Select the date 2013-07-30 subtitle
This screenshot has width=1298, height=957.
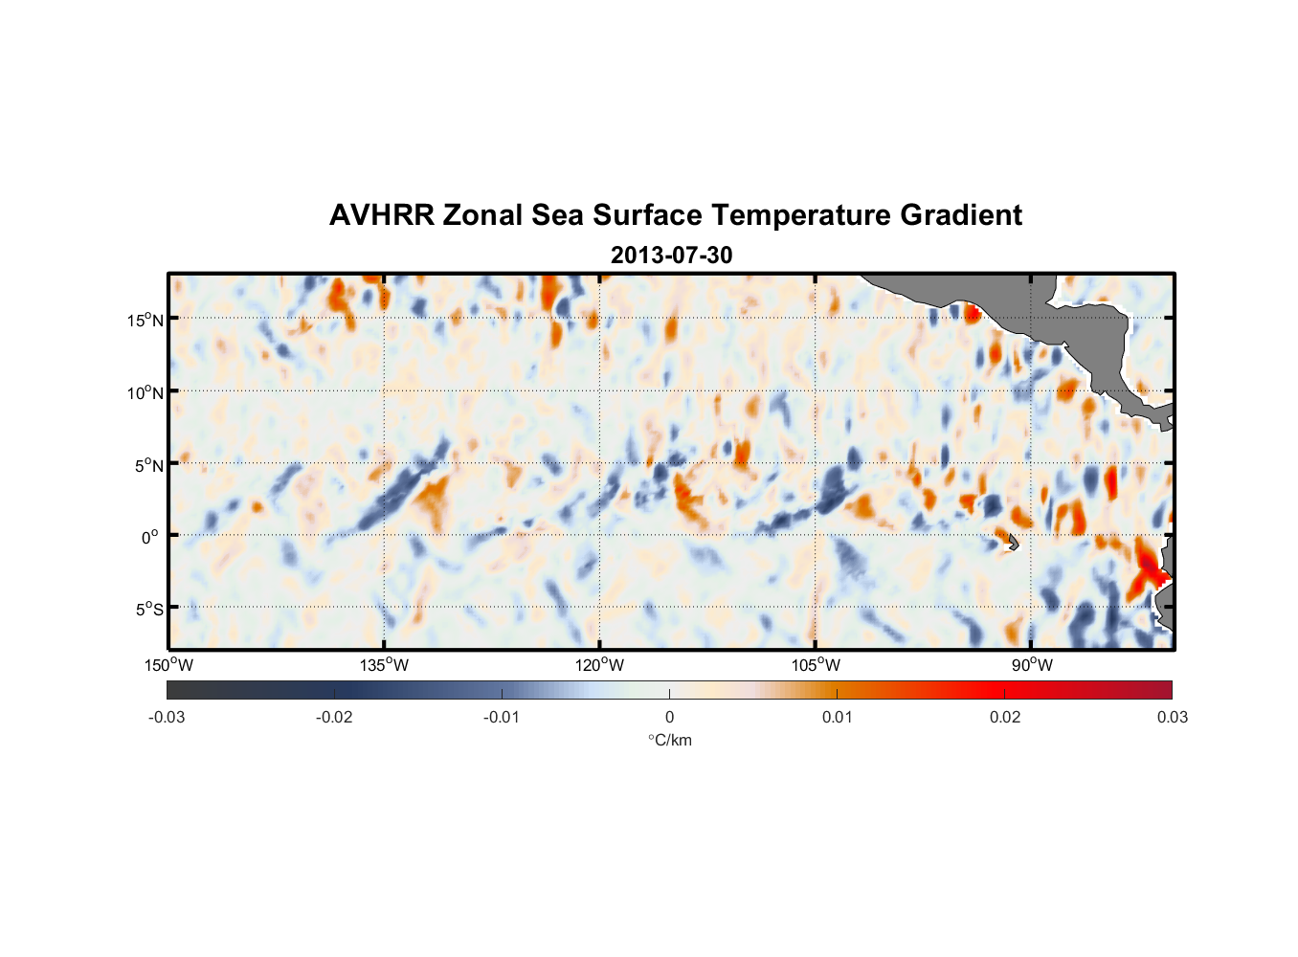tap(671, 256)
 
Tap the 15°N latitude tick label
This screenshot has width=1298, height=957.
tap(145, 320)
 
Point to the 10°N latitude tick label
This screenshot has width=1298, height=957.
tap(145, 392)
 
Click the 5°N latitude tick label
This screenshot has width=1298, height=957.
tap(148, 465)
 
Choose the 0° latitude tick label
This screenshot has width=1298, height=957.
tap(150, 538)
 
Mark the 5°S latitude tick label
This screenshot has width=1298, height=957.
tap(148, 610)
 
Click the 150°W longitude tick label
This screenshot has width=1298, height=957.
tap(169, 665)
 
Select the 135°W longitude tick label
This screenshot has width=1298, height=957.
tap(385, 665)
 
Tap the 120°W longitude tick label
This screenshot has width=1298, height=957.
tap(600, 665)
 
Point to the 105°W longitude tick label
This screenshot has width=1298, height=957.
tap(816, 665)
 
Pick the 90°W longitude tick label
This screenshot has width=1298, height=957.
tap(1032, 665)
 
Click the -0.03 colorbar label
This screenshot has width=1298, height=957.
tap(167, 717)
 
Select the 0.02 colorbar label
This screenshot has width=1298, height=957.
tap(1005, 717)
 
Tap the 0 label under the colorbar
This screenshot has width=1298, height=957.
tap(669, 717)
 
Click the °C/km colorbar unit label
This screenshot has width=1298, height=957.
tap(670, 740)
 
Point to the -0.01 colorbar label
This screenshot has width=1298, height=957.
tap(502, 717)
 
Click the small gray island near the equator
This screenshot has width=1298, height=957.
tap(1012, 542)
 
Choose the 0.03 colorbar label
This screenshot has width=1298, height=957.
tap(1172, 717)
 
